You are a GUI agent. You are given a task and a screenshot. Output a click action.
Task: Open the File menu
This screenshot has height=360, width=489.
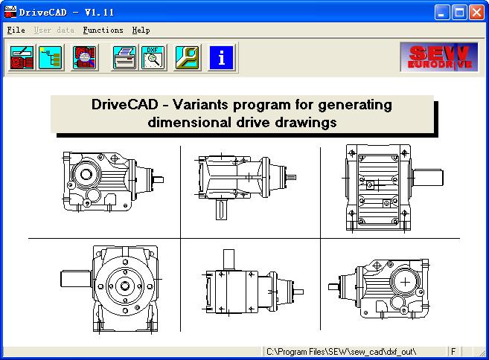tap(16, 30)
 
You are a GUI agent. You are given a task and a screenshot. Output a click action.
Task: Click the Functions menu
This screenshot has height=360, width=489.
tap(103, 30)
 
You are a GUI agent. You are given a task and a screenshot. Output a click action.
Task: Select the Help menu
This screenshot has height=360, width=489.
tap(141, 30)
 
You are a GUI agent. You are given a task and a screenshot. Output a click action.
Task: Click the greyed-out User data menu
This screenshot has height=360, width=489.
tap(54, 30)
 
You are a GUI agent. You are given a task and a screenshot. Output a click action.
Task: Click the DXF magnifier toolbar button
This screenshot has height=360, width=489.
tap(153, 57)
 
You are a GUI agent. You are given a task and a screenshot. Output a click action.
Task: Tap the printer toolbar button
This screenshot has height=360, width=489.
tap(124, 57)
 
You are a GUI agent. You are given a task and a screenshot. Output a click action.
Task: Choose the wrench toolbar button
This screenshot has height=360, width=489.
tap(187, 57)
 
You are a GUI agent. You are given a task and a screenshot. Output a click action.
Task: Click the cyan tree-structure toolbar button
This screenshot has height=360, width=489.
tap(50, 57)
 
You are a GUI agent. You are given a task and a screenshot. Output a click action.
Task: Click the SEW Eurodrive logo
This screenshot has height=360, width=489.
tap(439, 57)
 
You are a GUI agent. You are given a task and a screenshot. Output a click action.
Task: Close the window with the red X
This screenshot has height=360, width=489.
tap(477, 13)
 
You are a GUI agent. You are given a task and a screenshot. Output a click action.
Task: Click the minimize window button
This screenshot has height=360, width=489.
tap(442, 13)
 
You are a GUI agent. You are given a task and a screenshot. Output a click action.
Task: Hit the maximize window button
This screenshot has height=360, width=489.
tap(459, 13)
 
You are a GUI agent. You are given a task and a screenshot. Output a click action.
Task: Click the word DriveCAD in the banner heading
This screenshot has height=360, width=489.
tap(125, 104)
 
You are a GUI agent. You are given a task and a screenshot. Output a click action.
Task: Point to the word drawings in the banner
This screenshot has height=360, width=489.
tap(306, 122)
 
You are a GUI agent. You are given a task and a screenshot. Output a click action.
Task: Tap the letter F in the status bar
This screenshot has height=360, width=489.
tap(453, 352)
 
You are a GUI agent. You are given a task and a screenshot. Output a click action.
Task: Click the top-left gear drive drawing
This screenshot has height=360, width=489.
tap(113, 181)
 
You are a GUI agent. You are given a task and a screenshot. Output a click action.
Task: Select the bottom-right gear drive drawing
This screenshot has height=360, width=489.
tap(379, 289)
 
